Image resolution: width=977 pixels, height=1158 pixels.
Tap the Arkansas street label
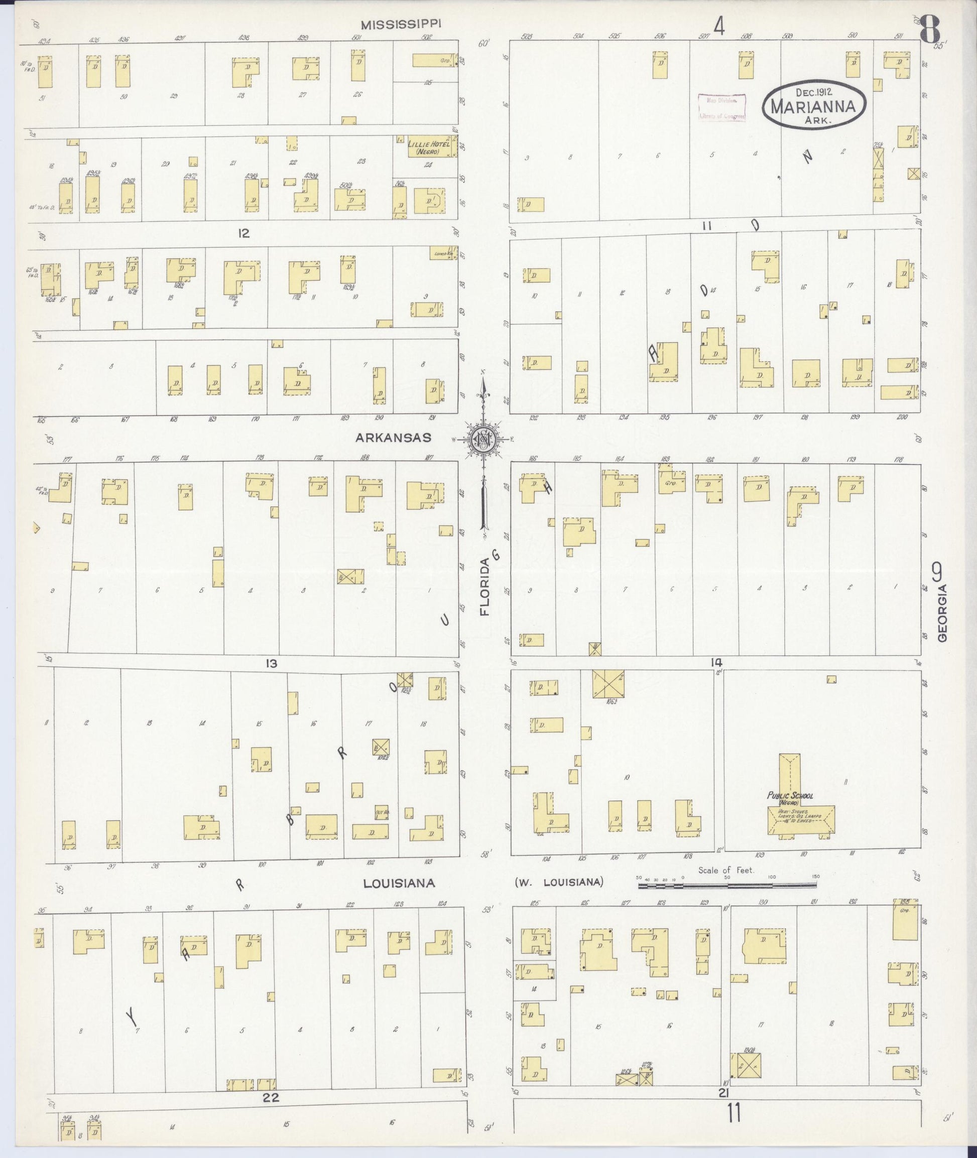(x=393, y=438)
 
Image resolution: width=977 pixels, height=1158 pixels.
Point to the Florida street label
(x=485, y=588)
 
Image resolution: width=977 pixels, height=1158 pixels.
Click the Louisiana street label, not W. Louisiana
(x=399, y=884)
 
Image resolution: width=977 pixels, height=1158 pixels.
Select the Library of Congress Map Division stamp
(x=721, y=107)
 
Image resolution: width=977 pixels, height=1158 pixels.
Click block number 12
(x=243, y=234)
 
